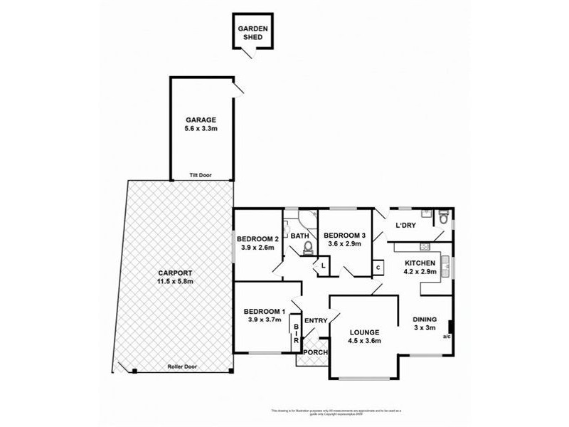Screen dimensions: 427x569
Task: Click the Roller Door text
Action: click(x=183, y=367)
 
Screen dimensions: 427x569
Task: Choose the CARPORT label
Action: click(x=175, y=273)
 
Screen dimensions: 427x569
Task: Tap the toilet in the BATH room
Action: click(x=308, y=248)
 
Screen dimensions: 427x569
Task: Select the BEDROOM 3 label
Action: click(x=344, y=236)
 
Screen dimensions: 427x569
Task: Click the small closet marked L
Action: click(x=324, y=266)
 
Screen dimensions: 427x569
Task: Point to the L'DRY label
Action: click(x=405, y=226)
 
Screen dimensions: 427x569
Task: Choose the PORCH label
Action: click(x=314, y=352)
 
